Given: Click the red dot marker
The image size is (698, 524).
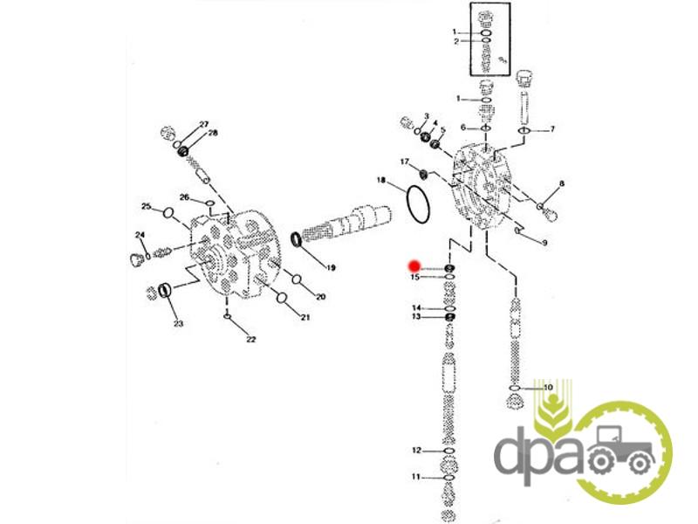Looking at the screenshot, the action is pos(414,266).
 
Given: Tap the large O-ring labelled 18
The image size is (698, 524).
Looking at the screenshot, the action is pos(419,204).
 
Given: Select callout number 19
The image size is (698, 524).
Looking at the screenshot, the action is pos(331,268).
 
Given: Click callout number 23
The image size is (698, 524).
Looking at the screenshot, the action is pos(179,323).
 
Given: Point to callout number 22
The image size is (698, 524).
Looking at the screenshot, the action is pos(251,339).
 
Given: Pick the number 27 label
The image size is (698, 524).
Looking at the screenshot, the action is pos(204,124).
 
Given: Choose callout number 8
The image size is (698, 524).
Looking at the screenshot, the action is pos(562,183).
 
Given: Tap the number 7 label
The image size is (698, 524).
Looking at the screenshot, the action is pos(552,128).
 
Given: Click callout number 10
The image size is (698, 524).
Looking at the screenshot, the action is pos(548,387).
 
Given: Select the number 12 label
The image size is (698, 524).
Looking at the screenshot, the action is pos(416,451).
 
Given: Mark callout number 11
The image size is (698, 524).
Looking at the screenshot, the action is pos(416,477).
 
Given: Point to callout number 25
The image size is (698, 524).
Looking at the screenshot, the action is pos(147,206).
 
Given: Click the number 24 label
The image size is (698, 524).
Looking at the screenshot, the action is pos(140,235).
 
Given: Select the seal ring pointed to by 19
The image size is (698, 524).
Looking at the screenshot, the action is pos(296,239).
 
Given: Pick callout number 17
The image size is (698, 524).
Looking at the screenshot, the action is pos(404,162).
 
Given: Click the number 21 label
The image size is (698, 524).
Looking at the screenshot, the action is pos(305,317).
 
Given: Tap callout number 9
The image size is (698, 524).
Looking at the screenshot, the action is pos(544,243).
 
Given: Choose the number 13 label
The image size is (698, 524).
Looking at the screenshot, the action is pos(416,316).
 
